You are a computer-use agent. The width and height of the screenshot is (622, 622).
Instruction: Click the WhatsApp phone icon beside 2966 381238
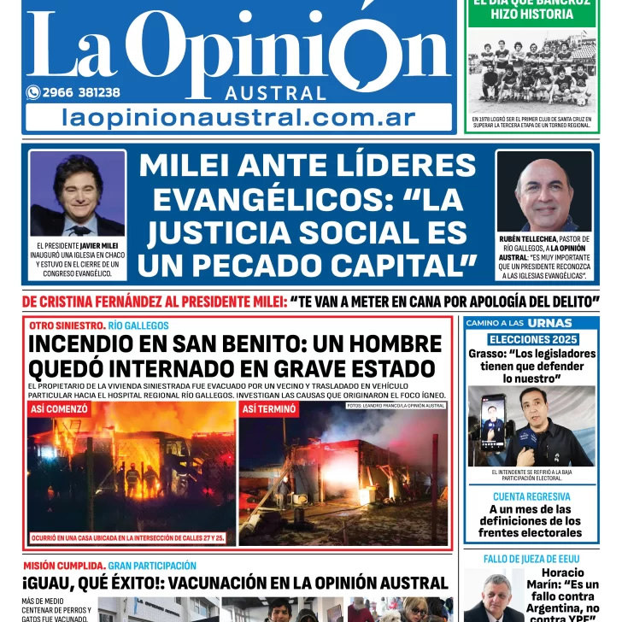tap(33, 92)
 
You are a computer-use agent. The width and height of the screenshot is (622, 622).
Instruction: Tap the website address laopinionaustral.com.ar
tap(238, 118)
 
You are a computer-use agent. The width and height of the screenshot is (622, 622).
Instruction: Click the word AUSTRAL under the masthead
tap(275, 93)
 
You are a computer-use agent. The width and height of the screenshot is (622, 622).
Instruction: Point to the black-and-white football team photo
tap(531, 73)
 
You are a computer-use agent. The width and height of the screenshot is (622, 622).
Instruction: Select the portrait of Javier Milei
tap(77, 196)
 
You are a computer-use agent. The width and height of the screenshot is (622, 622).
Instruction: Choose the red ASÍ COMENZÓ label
tap(59, 409)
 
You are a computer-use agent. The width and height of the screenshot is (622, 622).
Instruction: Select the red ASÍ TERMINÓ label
tap(269, 409)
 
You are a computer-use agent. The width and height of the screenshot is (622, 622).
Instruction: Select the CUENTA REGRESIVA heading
tap(531, 496)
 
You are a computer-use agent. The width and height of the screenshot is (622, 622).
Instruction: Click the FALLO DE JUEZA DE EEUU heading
tap(531, 559)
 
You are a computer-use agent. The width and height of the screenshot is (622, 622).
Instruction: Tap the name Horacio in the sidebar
tap(563, 572)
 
